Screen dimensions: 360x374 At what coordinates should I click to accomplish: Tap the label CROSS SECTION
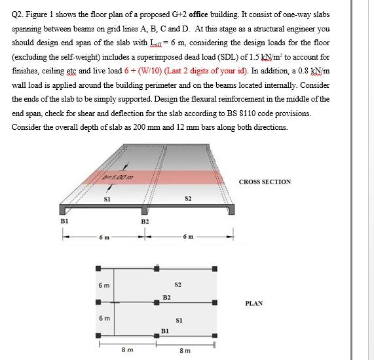[x=265, y=182]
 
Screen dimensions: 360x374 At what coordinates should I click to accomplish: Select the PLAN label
[x=254, y=304]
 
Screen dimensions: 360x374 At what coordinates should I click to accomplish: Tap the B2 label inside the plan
[x=167, y=298]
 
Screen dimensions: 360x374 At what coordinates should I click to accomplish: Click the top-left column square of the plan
[x=99, y=268]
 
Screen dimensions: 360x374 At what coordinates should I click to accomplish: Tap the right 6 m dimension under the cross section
[x=188, y=237]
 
